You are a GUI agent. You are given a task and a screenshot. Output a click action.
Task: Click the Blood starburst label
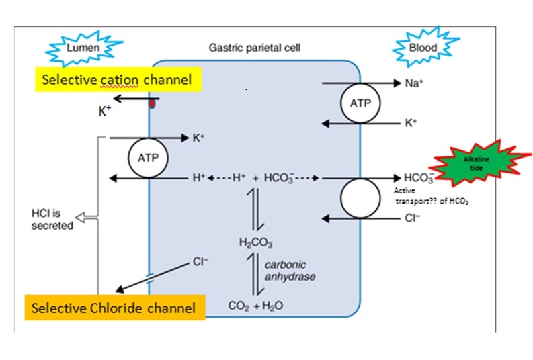[423, 48]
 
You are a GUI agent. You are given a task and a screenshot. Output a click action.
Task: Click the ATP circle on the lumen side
[147, 157]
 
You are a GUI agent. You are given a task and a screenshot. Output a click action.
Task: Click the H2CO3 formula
[250, 242]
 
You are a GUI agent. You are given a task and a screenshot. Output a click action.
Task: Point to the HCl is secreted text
[52, 220]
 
